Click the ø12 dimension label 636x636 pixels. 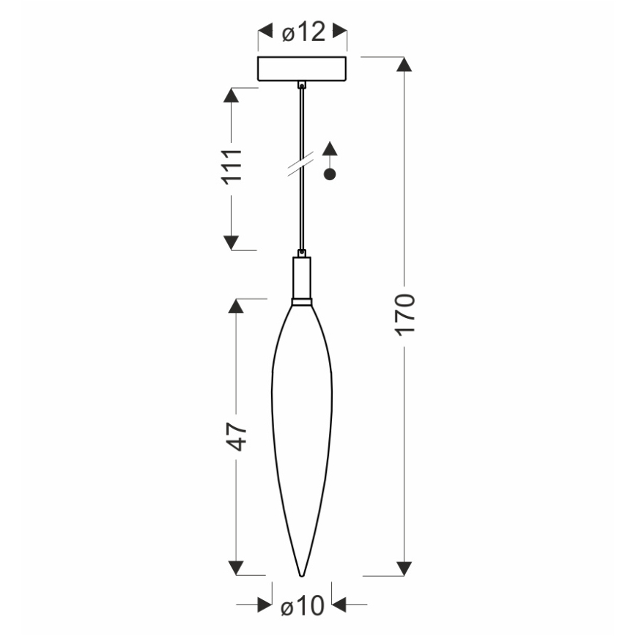(x=303, y=32)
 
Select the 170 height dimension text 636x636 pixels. (x=404, y=314)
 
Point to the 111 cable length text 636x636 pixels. (x=232, y=168)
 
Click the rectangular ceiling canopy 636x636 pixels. (x=302, y=68)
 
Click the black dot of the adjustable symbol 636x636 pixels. (x=330, y=174)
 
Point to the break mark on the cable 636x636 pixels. (x=301, y=164)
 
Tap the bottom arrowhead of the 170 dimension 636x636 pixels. (x=404, y=568)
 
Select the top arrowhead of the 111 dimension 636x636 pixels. (x=232, y=95)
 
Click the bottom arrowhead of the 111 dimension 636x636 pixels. (x=232, y=243)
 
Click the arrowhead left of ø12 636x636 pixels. (x=265, y=32)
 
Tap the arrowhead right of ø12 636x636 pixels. (x=339, y=32)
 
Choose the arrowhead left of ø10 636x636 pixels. (x=265, y=605)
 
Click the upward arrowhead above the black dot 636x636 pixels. (x=330, y=147)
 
